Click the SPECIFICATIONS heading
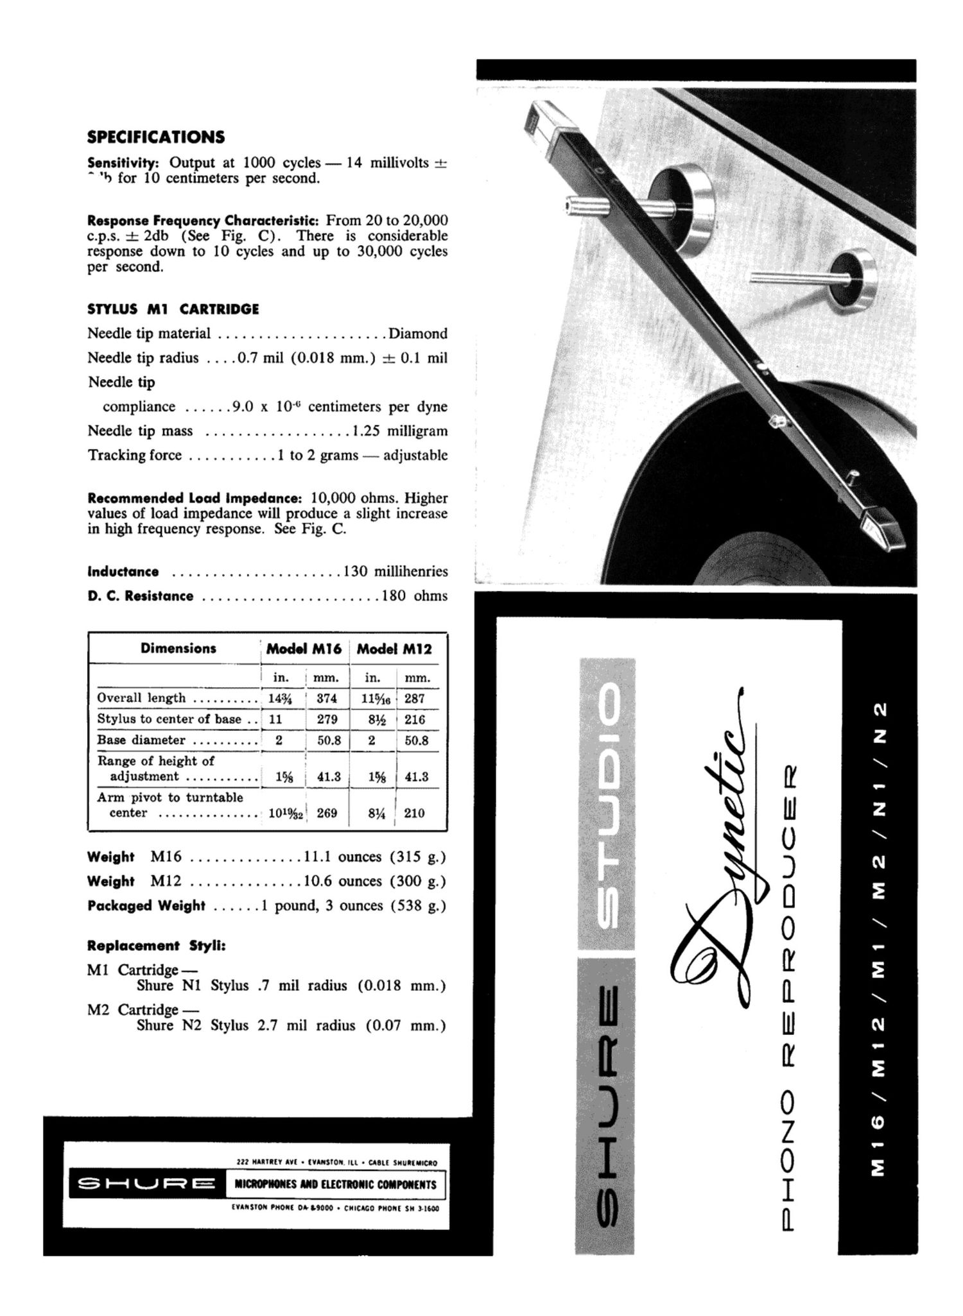click(x=156, y=137)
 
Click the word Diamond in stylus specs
click(x=418, y=334)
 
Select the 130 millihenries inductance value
click(x=395, y=571)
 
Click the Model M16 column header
click(x=304, y=649)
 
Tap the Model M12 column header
click(x=394, y=649)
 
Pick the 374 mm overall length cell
click(x=327, y=698)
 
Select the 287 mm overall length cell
click(x=415, y=698)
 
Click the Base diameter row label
click(x=141, y=740)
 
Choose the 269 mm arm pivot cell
click(x=327, y=813)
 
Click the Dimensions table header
click(x=178, y=648)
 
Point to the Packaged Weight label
click(x=146, y=905)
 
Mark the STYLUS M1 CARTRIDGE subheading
click(x=173, y=309)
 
